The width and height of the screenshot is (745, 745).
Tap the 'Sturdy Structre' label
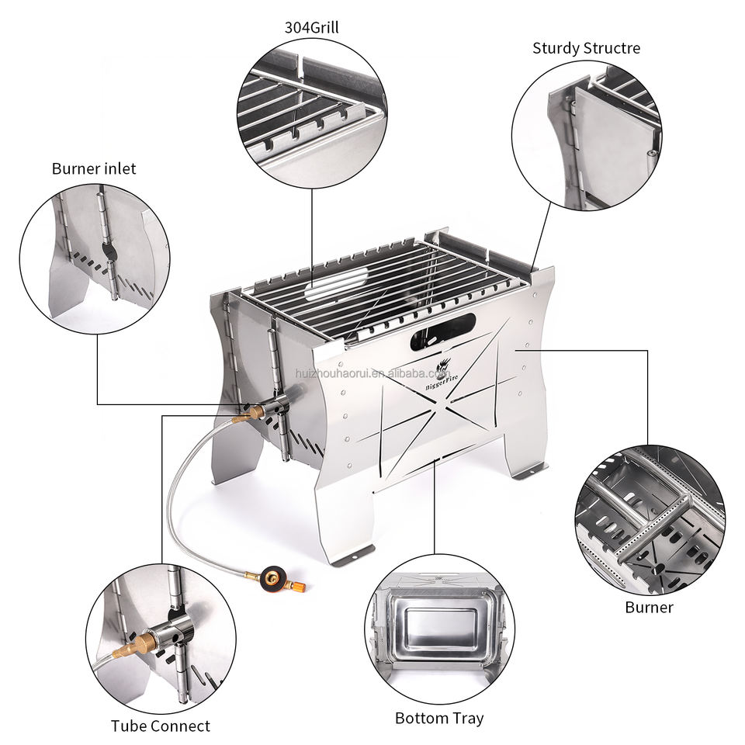point(586,48)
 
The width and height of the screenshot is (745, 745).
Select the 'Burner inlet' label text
point(94,168)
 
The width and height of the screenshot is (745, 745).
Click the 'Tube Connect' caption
point(160,726)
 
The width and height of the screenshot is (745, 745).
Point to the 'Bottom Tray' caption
point(439,718)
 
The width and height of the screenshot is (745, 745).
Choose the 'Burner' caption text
point(649,607)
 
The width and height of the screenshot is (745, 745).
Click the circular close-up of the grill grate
point(312,113)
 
